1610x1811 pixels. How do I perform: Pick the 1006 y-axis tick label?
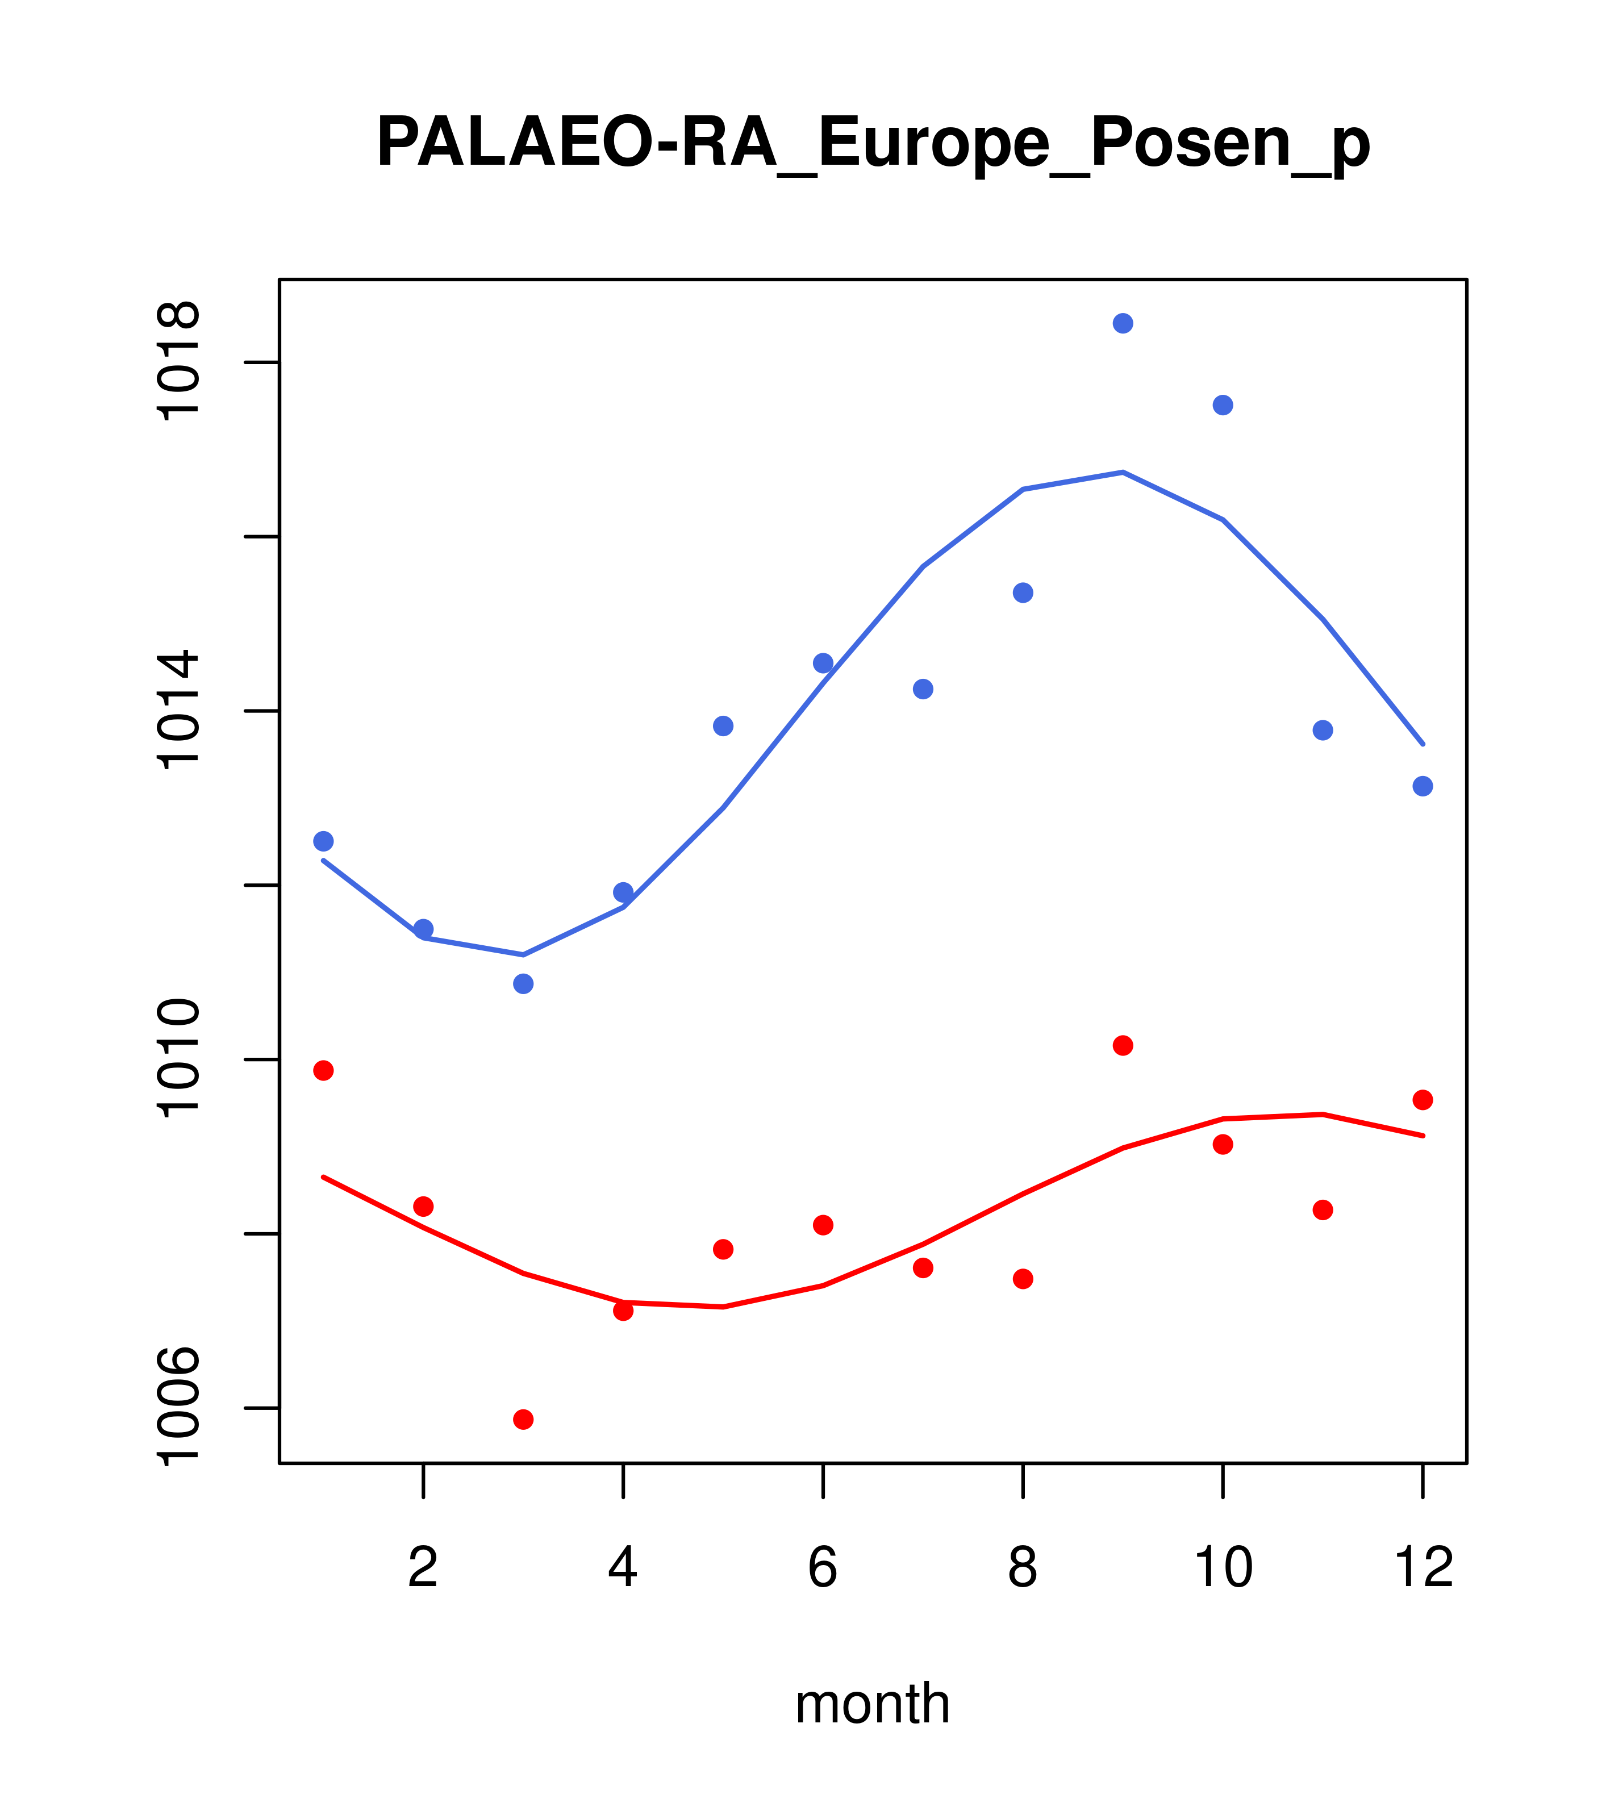[x=177, y=1407]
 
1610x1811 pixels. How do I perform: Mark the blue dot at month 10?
[x=1223, y=405]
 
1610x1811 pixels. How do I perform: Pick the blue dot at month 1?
[x=323, y=841]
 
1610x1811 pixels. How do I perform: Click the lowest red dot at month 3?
[x=524, y=1420]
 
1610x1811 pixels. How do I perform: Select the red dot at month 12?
[x=1423, y=1100]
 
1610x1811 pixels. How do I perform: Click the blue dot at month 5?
[x=723, y=725]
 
